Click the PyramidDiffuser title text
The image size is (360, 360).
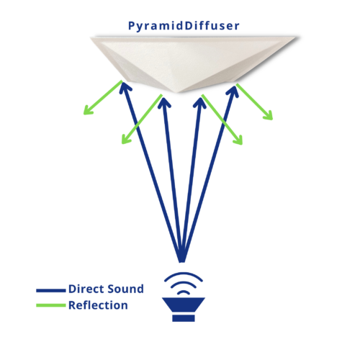184,26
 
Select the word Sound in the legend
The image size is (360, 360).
125,289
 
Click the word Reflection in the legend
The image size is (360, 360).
98,305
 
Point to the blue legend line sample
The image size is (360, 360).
51,290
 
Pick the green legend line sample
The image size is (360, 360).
51,305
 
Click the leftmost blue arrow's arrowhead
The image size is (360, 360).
125,87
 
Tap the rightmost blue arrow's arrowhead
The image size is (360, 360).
233,91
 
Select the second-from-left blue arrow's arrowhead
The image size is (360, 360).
164,102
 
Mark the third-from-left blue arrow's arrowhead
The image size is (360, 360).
200,102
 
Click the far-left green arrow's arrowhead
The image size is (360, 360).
88,110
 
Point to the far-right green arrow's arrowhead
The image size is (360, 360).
269,115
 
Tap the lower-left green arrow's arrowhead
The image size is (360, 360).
126,140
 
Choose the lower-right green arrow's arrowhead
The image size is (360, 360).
238,140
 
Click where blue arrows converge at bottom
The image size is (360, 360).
182,261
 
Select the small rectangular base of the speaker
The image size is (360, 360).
184,318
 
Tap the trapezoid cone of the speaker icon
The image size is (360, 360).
184,305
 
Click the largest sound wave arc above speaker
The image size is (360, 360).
184,274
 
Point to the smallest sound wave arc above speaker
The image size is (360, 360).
184,292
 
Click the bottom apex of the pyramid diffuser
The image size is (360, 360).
179,92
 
